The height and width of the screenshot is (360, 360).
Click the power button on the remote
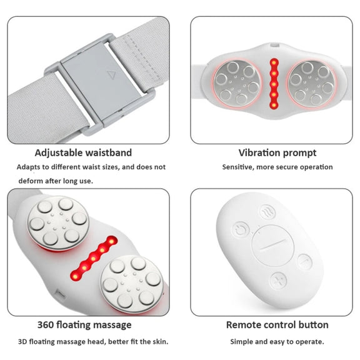pos(241,230)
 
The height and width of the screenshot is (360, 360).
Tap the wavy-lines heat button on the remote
pos(267,212)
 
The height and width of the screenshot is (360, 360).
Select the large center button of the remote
pos(272,246)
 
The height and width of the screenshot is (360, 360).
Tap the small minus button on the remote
pos(304,261)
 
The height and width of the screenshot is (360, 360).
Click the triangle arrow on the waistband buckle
pos(111,75)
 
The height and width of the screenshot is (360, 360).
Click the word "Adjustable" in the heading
pos(59,152)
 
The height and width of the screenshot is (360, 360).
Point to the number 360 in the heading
pos(46,325)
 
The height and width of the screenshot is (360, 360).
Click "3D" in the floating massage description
pos(22,342)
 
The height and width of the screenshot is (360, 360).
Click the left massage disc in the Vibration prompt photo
pos(237,84)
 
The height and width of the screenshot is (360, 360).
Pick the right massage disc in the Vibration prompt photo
pos(311,84)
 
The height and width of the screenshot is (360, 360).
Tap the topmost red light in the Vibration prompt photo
pos(274,62)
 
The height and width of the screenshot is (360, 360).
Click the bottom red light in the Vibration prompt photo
pos(274,105)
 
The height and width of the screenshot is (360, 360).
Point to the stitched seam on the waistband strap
pos(142,57)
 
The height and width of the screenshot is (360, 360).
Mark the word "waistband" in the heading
pos(108,152)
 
